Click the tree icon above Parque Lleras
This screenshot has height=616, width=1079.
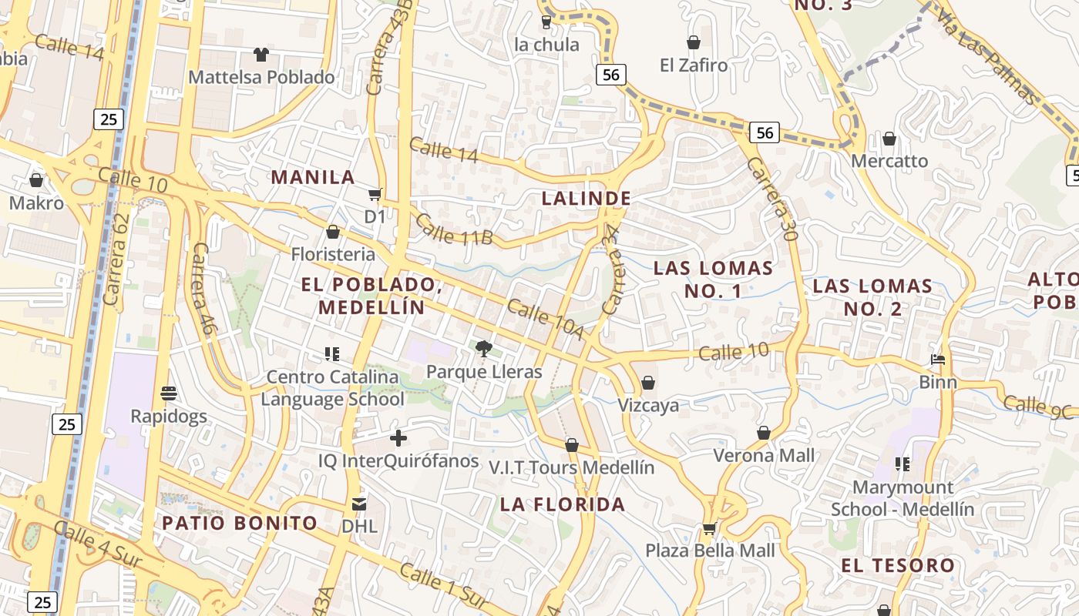[x=484, y=349]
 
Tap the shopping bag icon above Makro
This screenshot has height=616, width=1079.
[x=35, y=180]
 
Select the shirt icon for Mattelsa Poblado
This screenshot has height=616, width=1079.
[x=261, y=54]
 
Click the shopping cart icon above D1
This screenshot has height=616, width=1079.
[x=375, y=194]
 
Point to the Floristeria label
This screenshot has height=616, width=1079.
[x=333, y=254]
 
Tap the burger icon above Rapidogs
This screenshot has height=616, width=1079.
[x=169, y=393]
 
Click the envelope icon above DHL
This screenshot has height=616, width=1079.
[x=359, y=504]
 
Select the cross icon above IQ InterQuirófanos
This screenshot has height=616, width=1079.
[x=398, y=439]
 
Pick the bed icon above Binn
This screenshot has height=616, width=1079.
[x=938, y=360]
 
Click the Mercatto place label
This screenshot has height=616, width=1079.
[x=889, y=161]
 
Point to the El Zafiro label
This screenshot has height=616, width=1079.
[x=694, y=65]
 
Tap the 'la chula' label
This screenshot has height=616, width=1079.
[x=546, y=45]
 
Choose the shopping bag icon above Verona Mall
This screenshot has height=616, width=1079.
[x=764, y=433]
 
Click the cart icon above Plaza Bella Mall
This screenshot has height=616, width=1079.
[x=710, y=528]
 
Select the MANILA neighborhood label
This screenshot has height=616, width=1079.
[x=313, y=177]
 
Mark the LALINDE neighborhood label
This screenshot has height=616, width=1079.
[x=587, y=198]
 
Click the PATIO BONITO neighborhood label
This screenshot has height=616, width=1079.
[x=240, y=524]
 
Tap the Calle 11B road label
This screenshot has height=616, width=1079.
[x=453, y=229]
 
